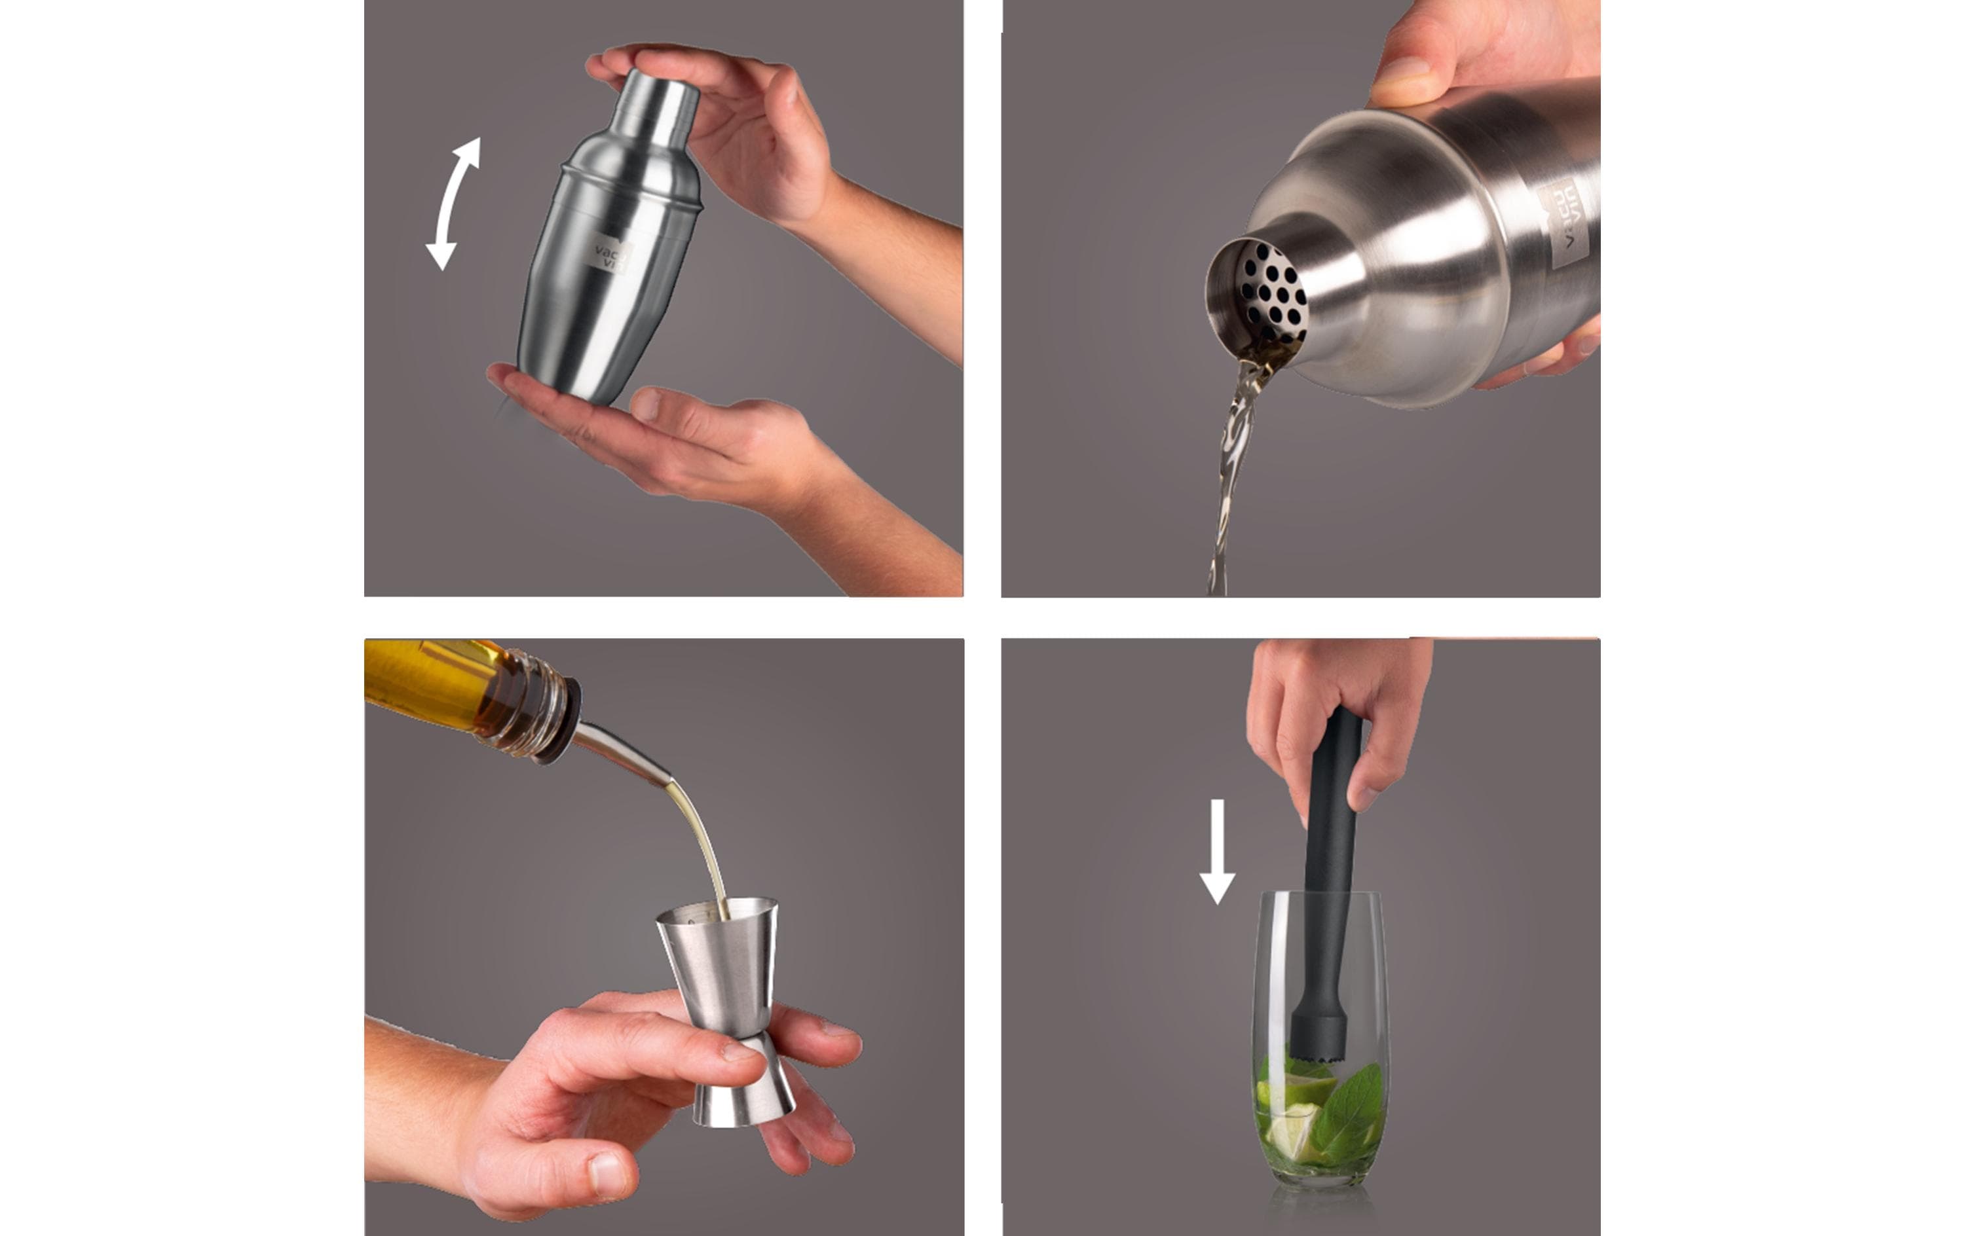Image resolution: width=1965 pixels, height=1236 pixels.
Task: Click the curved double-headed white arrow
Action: [x=451, y=204]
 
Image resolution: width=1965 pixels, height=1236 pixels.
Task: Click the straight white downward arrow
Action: [x=1217, y=852]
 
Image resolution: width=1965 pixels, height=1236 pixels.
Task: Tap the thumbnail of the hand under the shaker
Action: [x=645, y=404]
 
